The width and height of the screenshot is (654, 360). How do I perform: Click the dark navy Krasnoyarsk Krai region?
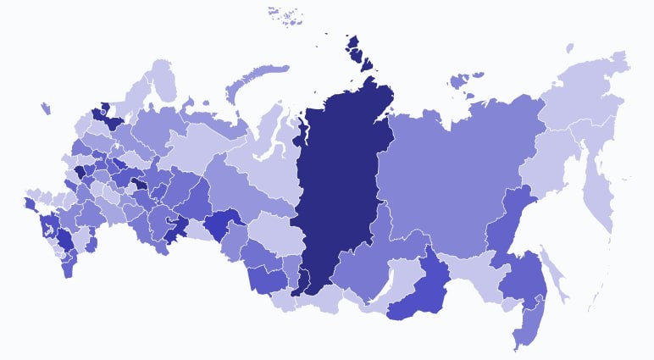[339, 186]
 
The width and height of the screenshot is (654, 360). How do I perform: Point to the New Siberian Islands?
[464, 80]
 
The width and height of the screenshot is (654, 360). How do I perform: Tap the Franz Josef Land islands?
[286, 14]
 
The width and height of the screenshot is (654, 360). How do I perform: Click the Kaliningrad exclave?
[45, 108]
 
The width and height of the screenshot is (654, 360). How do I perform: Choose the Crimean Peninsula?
[30, 204]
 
